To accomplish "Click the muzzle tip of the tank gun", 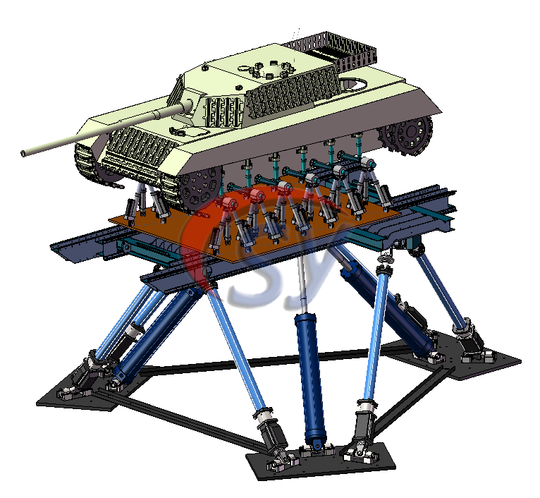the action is pyautogui.click(x=23, y=153).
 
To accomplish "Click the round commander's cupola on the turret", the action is pyautogui.click(x=273, y=71).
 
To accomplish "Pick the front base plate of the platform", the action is pyautogui.click(x=321, y=461).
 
